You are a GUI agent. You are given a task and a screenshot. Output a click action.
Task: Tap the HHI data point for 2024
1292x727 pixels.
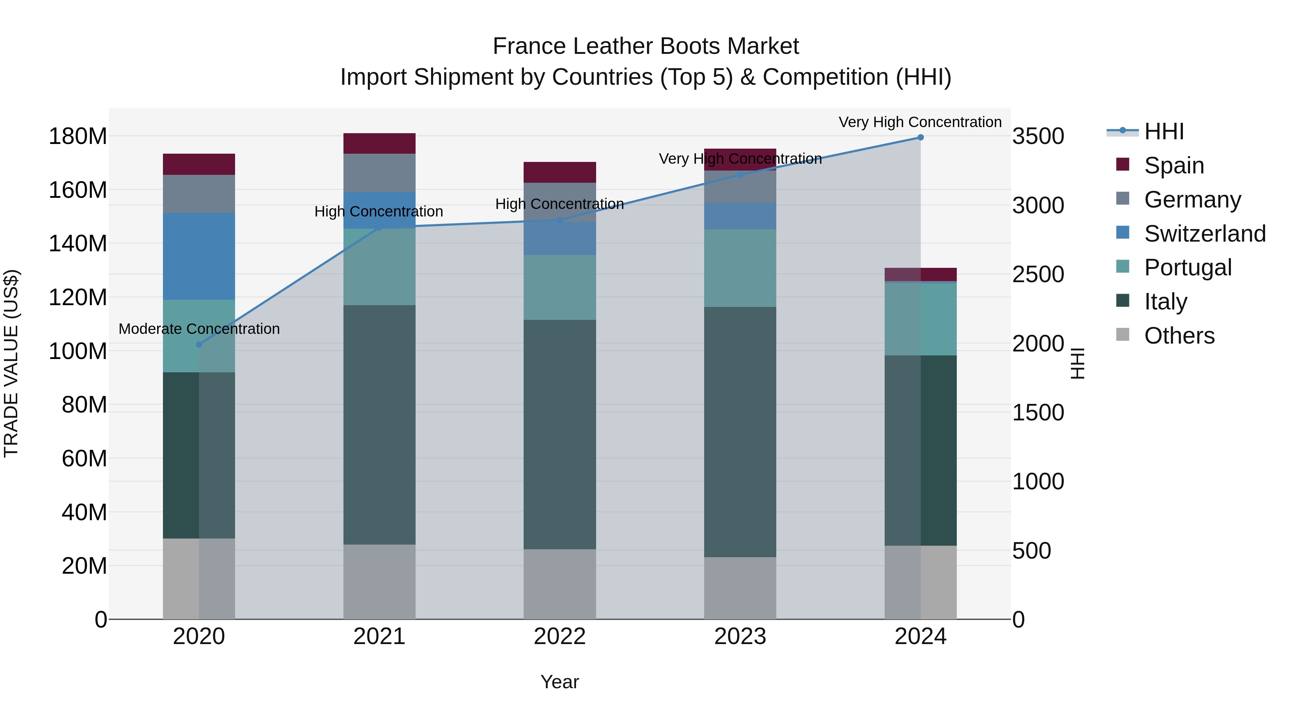pos(920,138)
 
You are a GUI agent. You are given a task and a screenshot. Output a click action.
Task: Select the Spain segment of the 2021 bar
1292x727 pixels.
pos(379,144)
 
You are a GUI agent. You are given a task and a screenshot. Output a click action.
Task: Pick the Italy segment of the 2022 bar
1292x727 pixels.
pos(560,434)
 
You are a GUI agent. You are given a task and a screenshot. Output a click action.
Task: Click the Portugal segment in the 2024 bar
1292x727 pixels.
pos(920,320)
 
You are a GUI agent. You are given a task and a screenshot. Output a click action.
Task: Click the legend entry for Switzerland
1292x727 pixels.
pos(1204,234)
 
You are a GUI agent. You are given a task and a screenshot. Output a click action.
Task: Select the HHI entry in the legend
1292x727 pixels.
pos(1164,131)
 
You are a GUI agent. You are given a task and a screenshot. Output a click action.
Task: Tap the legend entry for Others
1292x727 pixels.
pos(1179,336)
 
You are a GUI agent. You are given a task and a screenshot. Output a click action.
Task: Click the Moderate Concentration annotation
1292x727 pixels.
pos(199,329)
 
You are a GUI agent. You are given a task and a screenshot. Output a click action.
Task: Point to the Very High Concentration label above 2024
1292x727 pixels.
pos(920,122)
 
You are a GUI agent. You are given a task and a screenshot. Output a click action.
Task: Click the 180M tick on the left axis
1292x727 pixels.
pos(78,136)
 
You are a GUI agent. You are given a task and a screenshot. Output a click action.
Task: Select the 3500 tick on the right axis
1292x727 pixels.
pos(1038,136)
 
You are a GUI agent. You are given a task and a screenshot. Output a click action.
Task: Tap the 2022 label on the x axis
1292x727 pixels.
pos(560,637)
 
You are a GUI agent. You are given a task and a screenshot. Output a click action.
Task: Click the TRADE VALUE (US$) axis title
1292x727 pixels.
pos(11,363)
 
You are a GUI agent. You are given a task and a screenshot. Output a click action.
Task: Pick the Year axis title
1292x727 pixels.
pos(560,682)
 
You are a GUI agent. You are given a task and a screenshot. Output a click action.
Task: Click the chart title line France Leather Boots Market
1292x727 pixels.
pos(646,46)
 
